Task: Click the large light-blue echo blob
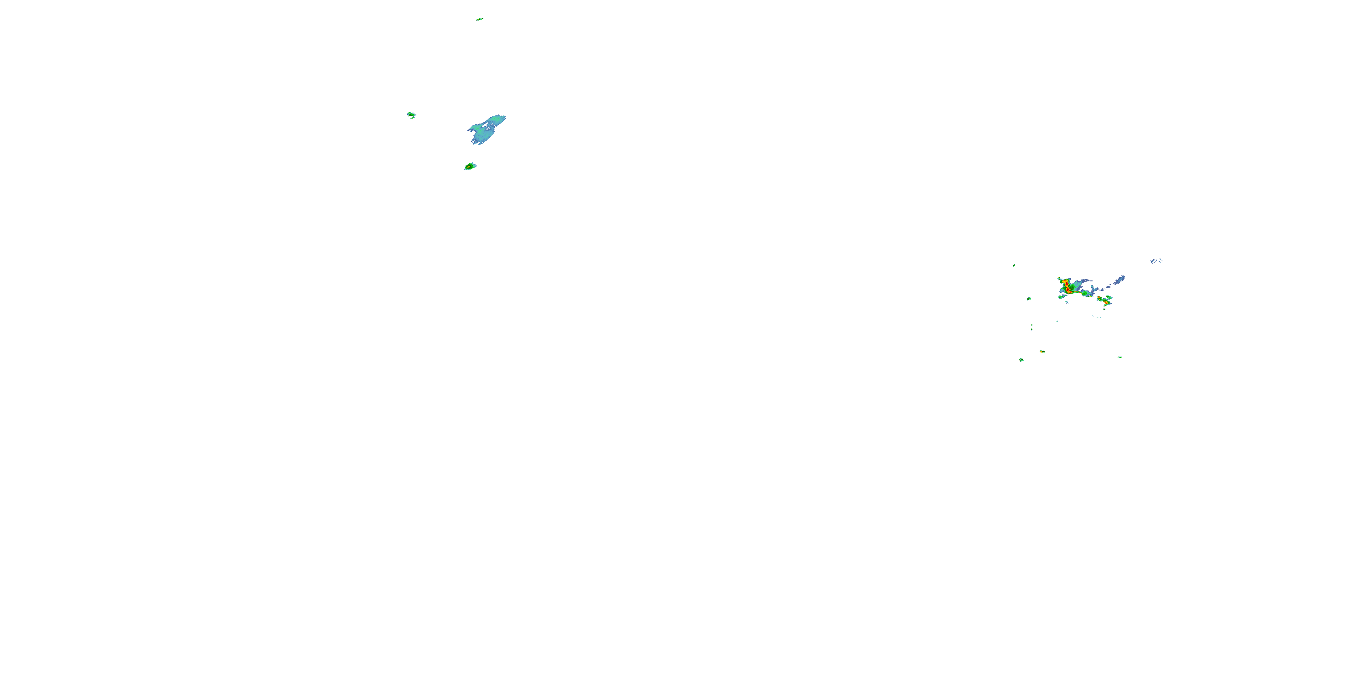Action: [x=487, y=130]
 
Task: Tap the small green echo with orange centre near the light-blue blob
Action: [x=470, y=167]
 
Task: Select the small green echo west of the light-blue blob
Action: [x=411, y=115]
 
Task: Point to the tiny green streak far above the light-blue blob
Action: [x=480, y=19]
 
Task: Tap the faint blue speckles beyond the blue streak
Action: [x=1156, y=261]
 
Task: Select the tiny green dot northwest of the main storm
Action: [x=1014, y=265]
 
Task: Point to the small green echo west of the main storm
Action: [x=1029, y=299]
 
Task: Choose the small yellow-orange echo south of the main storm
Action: [x=1042, y=352]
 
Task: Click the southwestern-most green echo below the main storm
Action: [x=1021, y=360]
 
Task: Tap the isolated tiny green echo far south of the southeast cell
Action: [x=1119, y=358]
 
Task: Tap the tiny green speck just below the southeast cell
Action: [x=1104, y=309]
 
